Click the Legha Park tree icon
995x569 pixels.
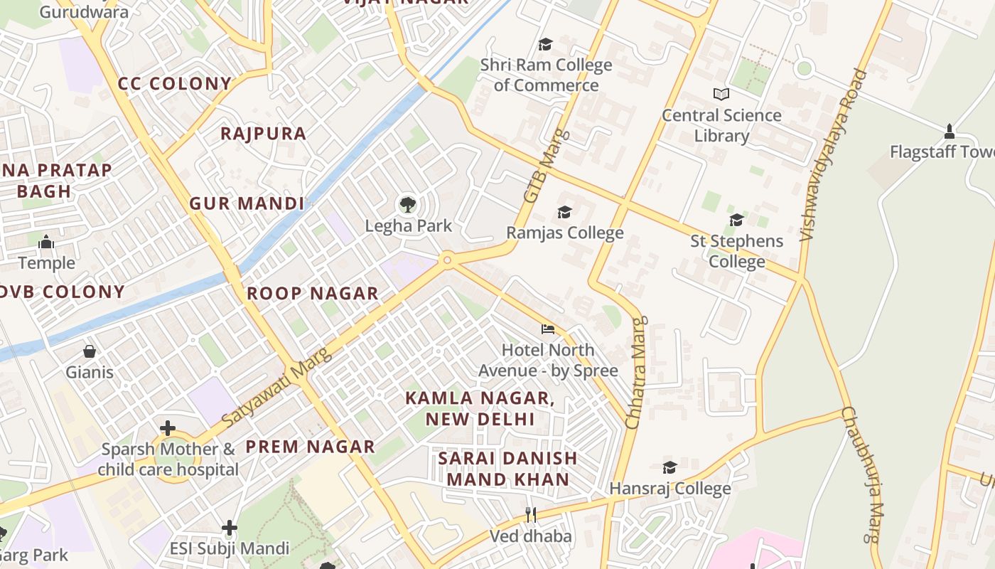407,205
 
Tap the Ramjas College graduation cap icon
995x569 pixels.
564,212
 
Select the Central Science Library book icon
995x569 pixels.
721,94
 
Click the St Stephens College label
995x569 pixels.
737,251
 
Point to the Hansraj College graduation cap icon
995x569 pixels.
669,467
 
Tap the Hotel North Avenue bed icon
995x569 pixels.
547,329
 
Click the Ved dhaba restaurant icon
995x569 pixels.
530,514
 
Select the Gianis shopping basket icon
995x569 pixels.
90,351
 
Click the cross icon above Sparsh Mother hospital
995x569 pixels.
168,428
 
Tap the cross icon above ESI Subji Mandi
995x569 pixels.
229,528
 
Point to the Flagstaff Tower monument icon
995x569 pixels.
949,132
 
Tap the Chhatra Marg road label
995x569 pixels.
637,373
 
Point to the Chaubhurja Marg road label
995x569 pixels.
862,474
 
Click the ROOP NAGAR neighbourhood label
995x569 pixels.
312,293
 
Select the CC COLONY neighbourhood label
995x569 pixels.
175,83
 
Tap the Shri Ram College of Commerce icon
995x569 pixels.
545,44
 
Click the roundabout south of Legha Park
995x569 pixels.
447,260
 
